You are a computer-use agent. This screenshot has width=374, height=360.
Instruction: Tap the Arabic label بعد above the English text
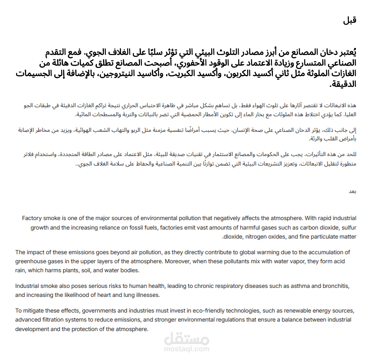coord(352,191)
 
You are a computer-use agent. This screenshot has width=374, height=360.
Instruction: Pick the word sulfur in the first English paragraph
coord(346,228)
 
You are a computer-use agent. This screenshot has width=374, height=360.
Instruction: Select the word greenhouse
coord(31,261)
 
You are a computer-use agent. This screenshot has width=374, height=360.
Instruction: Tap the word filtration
coord(57,320)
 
